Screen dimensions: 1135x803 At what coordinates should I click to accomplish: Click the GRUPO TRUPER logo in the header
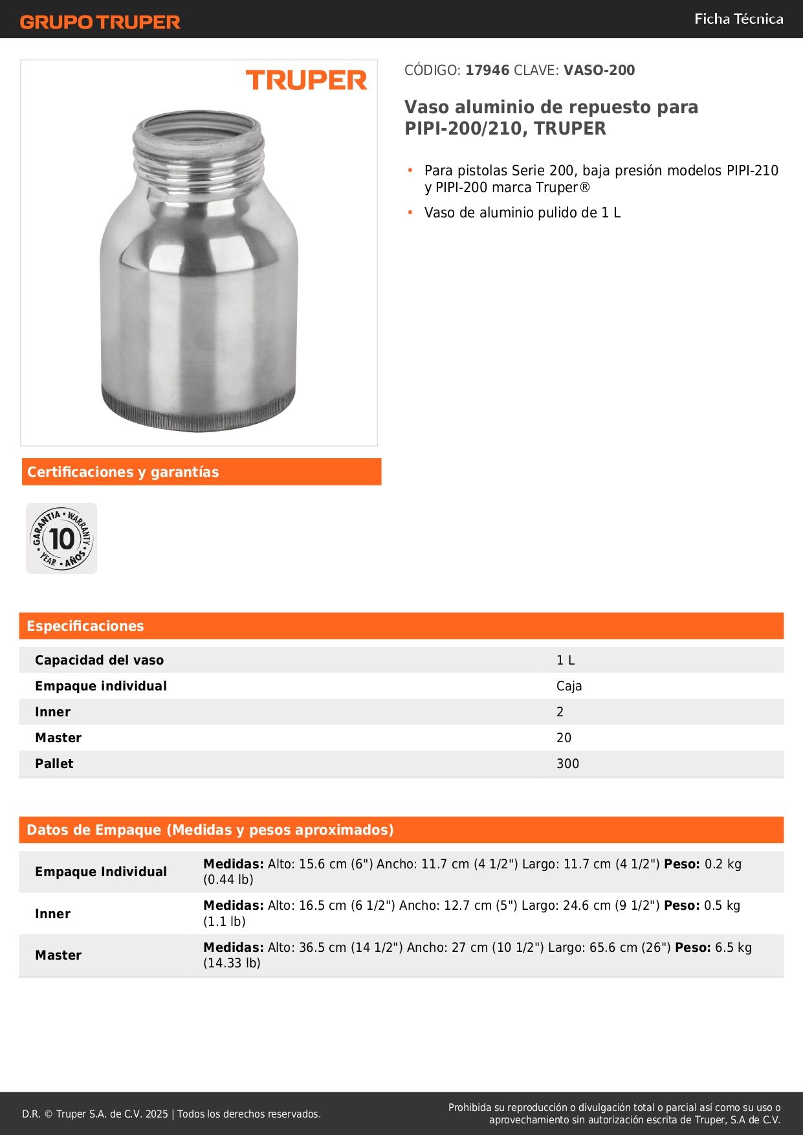[x=100, y=22]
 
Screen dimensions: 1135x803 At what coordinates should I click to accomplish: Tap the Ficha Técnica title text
[x=738, y=19]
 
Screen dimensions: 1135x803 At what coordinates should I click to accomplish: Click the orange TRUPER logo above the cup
[x=306, y=80]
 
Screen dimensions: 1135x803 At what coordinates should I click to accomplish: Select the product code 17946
[x=487, y=70]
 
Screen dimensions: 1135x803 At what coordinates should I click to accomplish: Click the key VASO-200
[x=599, y=70]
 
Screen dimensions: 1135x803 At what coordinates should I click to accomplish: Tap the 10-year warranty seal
[x=61, y=538]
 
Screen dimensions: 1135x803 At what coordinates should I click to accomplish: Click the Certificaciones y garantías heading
[x=123, y=472]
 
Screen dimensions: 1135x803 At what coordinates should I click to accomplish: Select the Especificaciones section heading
[x=85, y=626]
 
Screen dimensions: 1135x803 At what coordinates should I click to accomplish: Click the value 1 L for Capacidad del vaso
[x=566, y=660]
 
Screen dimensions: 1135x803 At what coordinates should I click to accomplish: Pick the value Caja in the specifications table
[x=569, y=686]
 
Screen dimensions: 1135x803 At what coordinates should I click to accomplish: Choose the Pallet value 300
[x=567, y=764]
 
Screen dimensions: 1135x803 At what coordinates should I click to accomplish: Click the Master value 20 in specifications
[x=564, y=738]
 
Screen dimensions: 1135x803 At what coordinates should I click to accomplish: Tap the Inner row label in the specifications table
[x=53, y=712]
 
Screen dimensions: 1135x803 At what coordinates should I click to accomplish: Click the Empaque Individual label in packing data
[x=101, y=872]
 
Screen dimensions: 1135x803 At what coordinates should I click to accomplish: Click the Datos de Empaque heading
[x=210, y=830]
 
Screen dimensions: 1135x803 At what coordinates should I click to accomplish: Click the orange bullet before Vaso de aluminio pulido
[x=410, y=212]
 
